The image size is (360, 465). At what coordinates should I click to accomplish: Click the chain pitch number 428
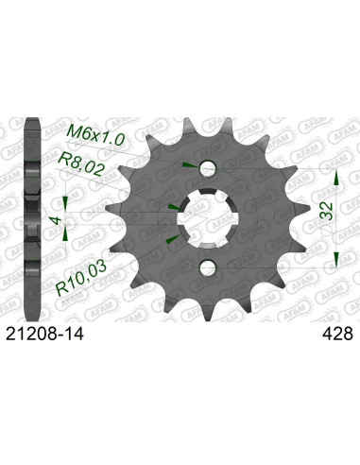[336, 334]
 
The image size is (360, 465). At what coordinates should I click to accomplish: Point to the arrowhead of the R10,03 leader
[172, 242]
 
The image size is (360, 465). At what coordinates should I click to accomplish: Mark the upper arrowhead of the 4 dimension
[64, 201]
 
